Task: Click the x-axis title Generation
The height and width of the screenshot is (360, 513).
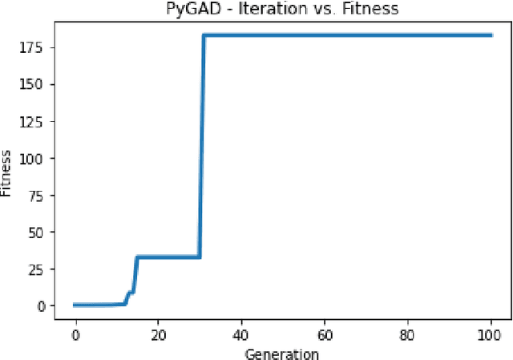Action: (x=283, y=354)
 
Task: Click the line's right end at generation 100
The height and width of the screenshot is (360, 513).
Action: (x=491, y=35)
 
